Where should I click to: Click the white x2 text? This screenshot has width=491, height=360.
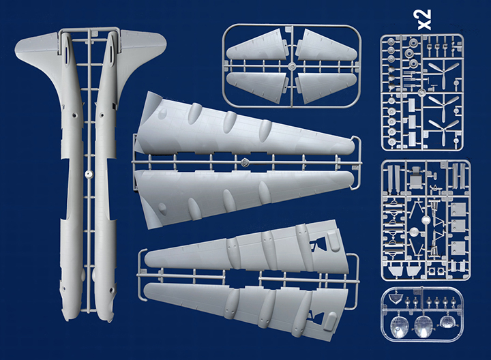(425, 20)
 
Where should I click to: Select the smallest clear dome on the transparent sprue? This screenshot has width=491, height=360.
(448, 322)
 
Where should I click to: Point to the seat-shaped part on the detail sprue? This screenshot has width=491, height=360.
(416, 179)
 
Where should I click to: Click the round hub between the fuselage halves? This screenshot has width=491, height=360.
(89, 175)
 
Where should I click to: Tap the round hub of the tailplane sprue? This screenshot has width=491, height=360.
(292, 66)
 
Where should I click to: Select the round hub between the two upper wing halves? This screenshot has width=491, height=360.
(245, 162)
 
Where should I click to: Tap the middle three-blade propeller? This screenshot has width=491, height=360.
(443, 106)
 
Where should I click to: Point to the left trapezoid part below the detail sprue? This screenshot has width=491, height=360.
(396, 271)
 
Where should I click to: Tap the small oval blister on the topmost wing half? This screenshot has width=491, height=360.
(162, 115)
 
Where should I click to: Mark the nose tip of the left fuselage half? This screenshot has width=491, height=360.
(67, 319)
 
